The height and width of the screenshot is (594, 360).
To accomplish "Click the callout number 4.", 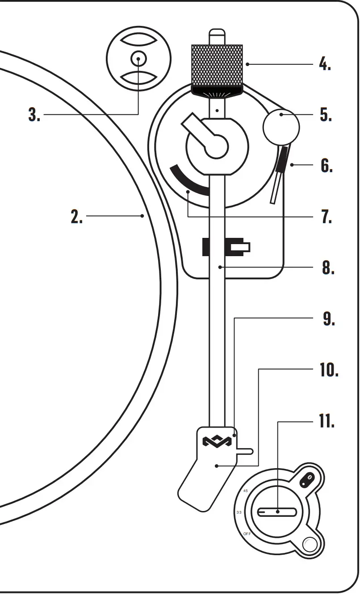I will [325, 64].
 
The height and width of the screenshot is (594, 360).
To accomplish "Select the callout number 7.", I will [326, 216].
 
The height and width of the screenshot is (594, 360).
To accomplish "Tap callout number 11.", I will [327, 421].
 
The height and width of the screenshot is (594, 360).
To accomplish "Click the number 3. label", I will [34, 115].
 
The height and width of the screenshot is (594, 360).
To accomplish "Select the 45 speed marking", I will [245, 490].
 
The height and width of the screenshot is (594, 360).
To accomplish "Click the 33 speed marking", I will [239, 512].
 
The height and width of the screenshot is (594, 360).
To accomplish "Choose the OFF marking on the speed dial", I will [247, 534].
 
